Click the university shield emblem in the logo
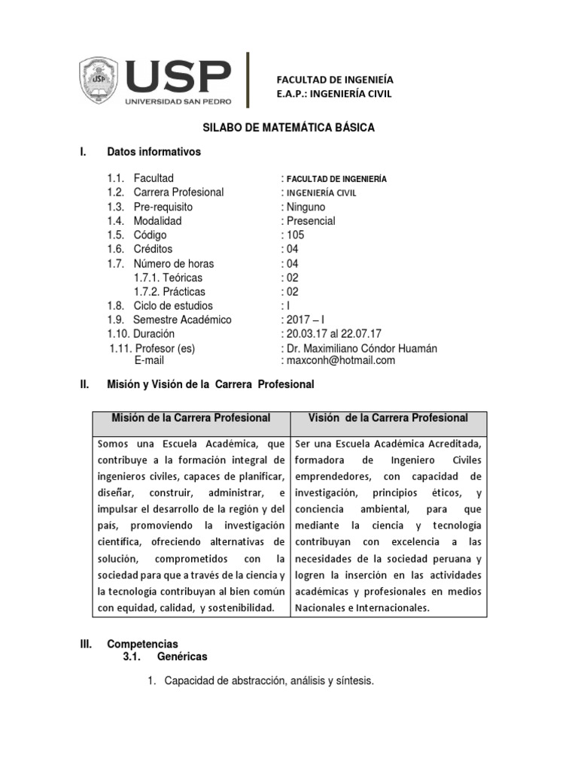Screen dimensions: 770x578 point(100,80)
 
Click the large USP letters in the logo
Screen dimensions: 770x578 point(178,76)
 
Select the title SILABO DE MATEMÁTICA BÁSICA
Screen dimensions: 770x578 point(290,128)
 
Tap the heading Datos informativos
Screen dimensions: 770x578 point(154,151)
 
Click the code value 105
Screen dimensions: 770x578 point(294,235)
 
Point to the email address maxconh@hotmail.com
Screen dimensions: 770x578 point(338,360)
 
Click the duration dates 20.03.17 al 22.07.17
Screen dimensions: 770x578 point(331,334)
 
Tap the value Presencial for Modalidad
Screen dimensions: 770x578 point(309,221)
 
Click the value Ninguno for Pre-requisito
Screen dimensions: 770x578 point(304,207)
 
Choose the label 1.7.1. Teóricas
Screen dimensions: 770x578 point(168,277)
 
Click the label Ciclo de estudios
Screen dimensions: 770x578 point(173,305)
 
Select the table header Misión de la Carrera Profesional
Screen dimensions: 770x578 point(191,417)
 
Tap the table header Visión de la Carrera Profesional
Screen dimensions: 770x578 point(388,417)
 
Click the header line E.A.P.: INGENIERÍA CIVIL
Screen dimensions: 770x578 point(335,93)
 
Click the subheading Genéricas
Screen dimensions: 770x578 point(182,656)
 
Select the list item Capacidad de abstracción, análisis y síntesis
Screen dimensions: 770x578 point(269,681)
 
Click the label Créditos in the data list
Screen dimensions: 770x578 point(153,249)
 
